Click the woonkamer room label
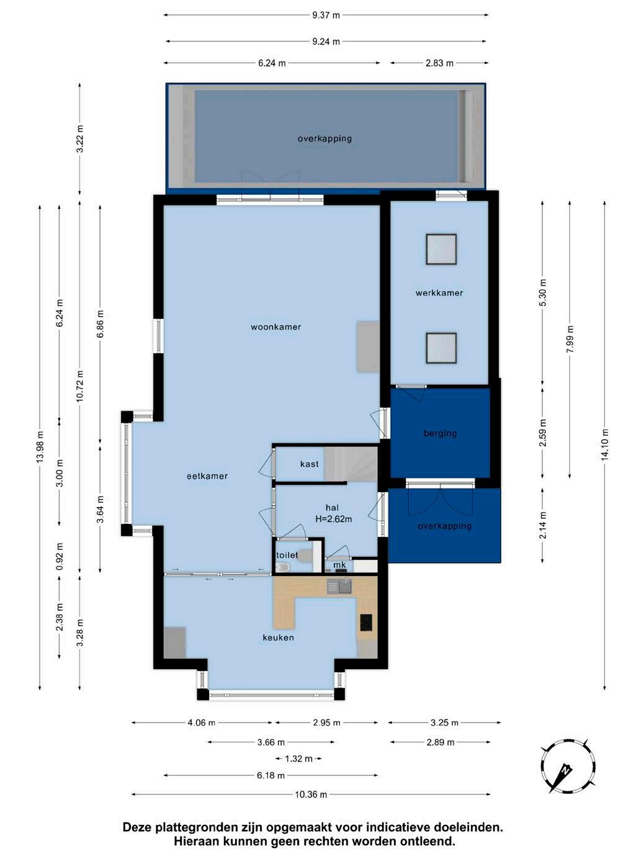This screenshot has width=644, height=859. (x=275, y=326)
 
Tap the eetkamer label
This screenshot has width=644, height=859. (x=207, y=476)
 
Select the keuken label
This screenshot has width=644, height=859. (x=278, y=637)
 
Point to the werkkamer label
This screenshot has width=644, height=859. (x=439, y=293)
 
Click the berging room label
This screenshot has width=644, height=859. (x=441, y=433)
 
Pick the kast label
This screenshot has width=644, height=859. (x=310, y=464)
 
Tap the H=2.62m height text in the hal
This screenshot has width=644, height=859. (x=334, y=519)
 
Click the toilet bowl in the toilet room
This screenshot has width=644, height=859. (x=282, y=567)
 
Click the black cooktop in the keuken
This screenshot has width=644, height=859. (x=365, y=623)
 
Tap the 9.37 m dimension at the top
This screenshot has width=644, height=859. (x=326, y=16)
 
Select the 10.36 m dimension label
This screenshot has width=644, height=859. (x=311, y=794)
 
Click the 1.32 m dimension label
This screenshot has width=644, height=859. (x=298, y=759)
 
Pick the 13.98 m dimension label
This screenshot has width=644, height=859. (x=40, y=447)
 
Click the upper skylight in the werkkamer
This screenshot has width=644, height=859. (x=441, y=250)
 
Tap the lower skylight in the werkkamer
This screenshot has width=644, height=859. (x=441, y=348)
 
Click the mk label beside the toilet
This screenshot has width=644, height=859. (x=339, y=565)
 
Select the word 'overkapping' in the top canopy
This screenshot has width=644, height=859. (x=324, y=138)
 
